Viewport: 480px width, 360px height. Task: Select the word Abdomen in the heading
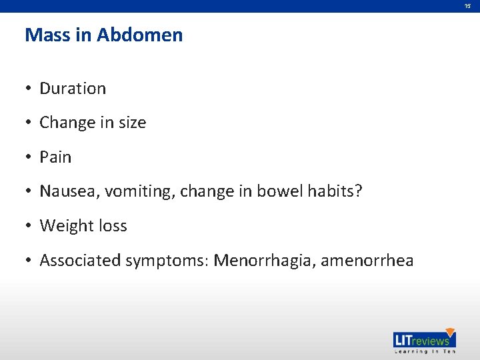[x=139, y=35]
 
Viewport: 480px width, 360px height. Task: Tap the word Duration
[x=73, y=89]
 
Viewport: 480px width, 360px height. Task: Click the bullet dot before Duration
[x=29, y=89]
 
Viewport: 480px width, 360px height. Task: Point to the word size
[x=132, y=123]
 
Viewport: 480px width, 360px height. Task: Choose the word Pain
[x=55, y=157]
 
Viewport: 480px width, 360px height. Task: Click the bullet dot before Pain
[x=29, y=157]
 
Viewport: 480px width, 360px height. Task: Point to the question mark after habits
[x=358, y=192]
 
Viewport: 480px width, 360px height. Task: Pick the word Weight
[x=65, y=226]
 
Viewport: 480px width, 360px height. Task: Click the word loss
[x=111, y=226]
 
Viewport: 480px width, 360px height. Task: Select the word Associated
[x=80, y=261]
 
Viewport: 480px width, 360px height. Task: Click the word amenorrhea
[x=367, y=261]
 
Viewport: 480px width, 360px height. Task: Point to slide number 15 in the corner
[x=468, y=6]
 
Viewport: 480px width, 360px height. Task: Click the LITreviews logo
[x=424, y=341]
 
